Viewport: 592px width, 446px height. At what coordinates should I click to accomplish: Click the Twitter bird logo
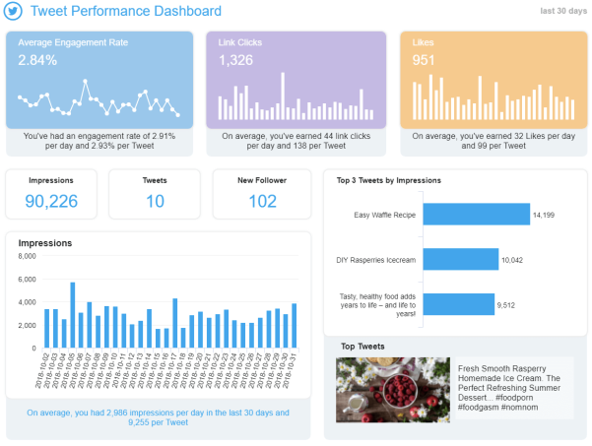[13, 11]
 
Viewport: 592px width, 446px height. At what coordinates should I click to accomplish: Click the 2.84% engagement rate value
[37, 60]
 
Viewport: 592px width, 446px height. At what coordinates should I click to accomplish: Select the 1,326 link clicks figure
[236, 60]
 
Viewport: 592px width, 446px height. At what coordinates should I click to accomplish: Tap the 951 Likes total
[424, 60]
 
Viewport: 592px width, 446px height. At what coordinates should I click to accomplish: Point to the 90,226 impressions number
[51, 201]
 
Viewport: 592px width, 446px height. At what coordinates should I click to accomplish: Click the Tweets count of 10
[155, 201]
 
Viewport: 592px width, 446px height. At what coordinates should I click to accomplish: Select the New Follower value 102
[262, 201]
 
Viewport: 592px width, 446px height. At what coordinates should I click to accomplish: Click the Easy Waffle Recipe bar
[477, 215]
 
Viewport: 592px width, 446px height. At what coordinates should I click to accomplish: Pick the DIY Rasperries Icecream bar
[461, 259]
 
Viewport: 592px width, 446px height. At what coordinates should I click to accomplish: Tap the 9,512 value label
[506, 305]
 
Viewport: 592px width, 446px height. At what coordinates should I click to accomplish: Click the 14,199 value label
[544, 215]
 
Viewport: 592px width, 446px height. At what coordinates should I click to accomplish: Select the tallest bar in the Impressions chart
[73, 315]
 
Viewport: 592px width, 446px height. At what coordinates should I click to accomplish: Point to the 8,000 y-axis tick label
[28, 256]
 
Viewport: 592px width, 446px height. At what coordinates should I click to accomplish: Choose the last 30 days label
[563, 11]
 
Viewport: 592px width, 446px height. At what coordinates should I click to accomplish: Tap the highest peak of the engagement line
[86, 81]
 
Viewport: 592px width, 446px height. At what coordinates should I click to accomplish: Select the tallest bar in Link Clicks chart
[283, 96]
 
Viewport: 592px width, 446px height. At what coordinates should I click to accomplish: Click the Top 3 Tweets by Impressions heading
[389, 180]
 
